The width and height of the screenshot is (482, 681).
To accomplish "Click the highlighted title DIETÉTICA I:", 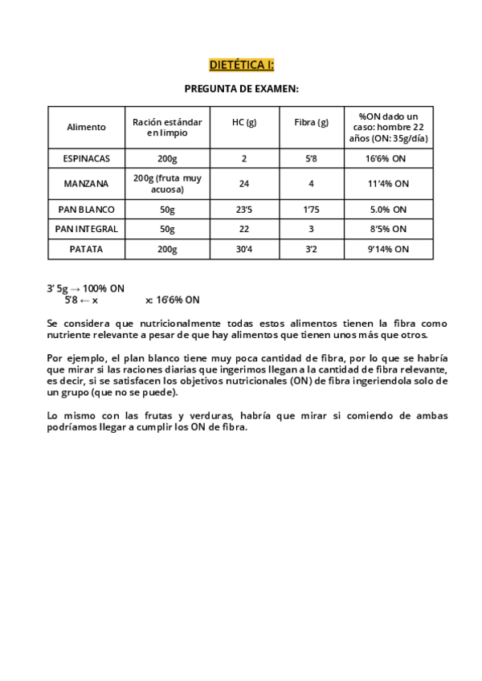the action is [242, 64].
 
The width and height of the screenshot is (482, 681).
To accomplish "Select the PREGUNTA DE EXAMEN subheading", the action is [242, 89].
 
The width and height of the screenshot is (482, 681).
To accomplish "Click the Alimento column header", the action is [86, 127].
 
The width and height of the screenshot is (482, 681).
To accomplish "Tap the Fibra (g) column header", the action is [312, 122].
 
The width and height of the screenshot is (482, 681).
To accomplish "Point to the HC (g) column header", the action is [244, 122].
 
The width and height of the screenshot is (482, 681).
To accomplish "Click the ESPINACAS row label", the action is [86, 158].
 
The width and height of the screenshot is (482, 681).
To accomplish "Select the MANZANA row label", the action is [86, 183].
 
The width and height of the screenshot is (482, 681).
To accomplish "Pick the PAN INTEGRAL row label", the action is [86, 229].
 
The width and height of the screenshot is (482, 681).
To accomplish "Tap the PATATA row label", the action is [86, 249].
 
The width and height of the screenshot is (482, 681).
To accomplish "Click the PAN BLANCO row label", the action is [86, 209].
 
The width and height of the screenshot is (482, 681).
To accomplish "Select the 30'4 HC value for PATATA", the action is [244, 249].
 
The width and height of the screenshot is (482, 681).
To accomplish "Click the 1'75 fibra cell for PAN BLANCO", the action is [312, 209].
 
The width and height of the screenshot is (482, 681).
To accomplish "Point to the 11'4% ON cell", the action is [389, 183].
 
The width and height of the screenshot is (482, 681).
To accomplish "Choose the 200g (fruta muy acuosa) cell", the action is [168, 183].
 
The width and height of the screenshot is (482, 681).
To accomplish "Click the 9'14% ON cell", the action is [389, 249].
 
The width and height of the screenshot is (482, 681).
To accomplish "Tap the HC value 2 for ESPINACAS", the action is [244, 158].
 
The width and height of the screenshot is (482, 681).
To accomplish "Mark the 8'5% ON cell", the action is [389, 229].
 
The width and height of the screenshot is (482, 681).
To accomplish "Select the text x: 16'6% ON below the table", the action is [173, 300].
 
